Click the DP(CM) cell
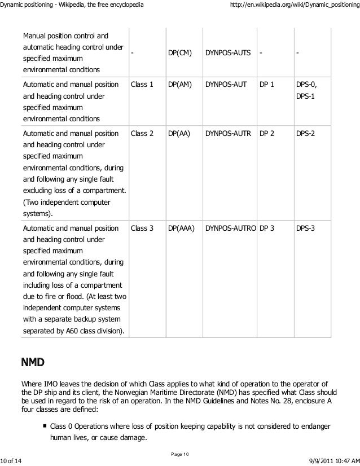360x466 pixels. [180, 53]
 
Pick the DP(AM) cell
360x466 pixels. [180, 85]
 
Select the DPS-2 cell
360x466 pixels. [305, 134]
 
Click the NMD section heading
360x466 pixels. [33, 361]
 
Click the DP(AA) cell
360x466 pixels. [179, 134]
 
